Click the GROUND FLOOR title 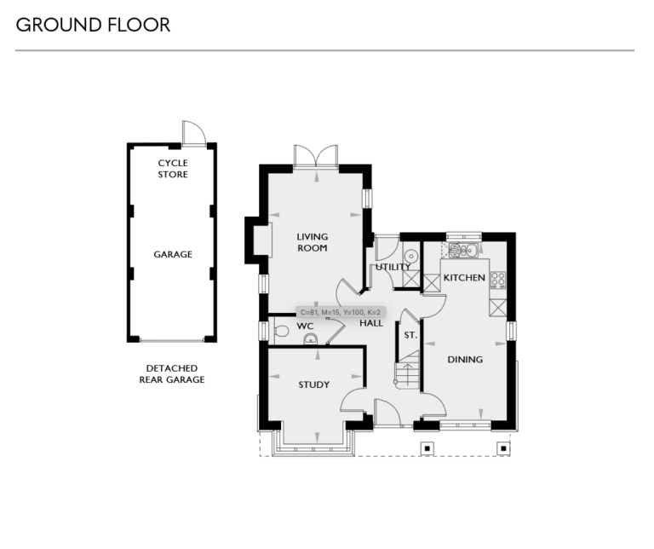[x=93, y=25]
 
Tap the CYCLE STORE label [x=173, y=169]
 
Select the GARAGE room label [x=173, y=254]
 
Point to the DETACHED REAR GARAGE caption [x=172, y=373]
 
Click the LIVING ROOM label [x=313, y=242]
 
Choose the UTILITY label [x=393, y=267]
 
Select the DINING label [x=465, y=359]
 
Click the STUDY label [x=313, y=384]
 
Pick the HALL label [x=370, y=324]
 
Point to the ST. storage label [x=410, y=335]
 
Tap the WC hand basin [x=311, y=338]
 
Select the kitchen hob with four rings [x=498, y=279]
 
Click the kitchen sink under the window [x=463, y=250]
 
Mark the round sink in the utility [x=410, y=255]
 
